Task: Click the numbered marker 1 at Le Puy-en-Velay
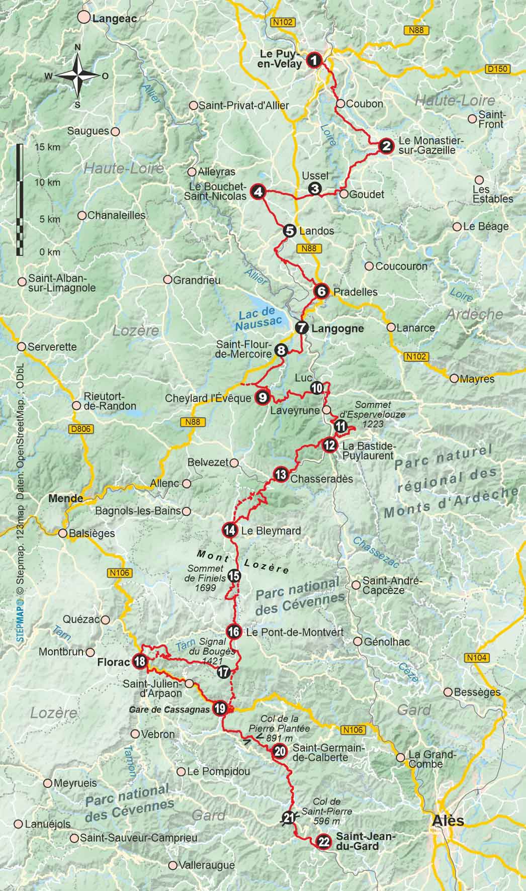pos(314,61)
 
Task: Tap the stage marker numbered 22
pos(324,841)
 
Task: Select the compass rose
pos(78,76)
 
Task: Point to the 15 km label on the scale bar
pos(47,147)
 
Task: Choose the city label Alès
pos(448,821)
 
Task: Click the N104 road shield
pos(476,657)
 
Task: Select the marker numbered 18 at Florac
pos(139,661)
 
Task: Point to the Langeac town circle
pos(83,18)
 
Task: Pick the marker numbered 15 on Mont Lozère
pos(234,576)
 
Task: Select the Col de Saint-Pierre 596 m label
pos(326,812)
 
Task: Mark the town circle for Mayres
pos(455,378)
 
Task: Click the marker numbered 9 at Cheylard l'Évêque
pos(262,397)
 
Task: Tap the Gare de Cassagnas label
pos(168,709)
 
